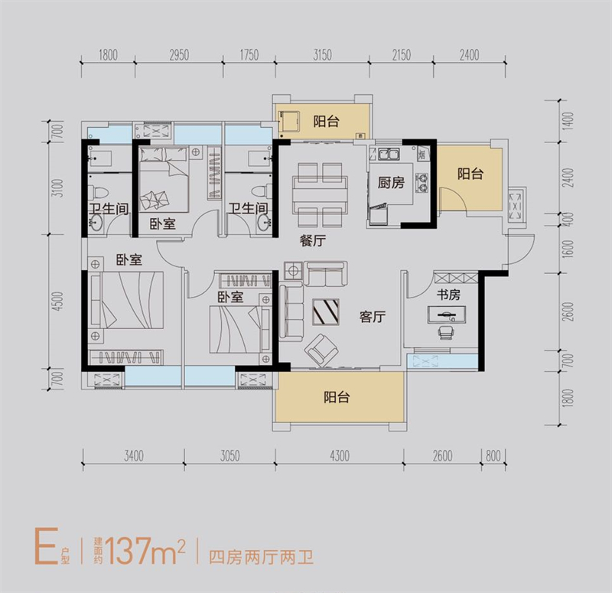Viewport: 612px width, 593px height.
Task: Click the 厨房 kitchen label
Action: (391, 183)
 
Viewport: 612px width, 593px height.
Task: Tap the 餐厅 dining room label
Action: (313, 240)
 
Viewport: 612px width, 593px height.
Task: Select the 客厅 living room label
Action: (373, 317)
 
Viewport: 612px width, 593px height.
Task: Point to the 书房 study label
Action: (448, 295)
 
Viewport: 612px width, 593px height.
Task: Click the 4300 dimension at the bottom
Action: (340, 455)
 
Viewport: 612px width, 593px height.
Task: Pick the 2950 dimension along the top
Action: (179, 55)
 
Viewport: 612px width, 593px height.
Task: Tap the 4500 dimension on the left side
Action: (58, 301)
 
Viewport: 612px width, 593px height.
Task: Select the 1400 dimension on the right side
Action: (568, 121)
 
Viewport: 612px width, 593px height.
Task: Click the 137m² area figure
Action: (145, 550)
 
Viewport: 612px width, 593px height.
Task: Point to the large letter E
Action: (47, 546)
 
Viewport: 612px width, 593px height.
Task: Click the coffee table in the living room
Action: (326, 311)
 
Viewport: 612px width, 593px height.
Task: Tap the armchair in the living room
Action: (321, 350)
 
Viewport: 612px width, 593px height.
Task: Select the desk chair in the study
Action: (446, 332)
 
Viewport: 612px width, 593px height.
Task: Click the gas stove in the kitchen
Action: (422, 183)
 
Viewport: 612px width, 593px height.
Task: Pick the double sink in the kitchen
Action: (388, 155)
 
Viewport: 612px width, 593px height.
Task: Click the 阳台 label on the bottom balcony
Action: (337, 397)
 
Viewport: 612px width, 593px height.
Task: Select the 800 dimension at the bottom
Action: (493, 455)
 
